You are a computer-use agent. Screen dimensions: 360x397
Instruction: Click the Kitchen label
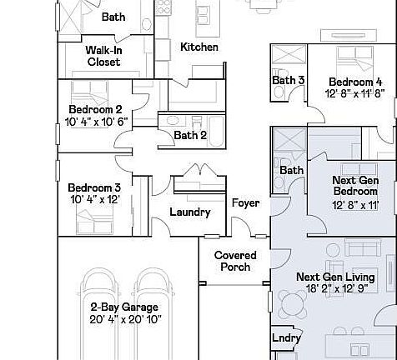click(199, 47)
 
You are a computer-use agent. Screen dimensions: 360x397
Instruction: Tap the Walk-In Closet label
click(103, 56)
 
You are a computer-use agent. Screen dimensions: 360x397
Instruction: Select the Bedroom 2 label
click(95, 109)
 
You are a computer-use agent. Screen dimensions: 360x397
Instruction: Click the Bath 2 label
click(191, 135)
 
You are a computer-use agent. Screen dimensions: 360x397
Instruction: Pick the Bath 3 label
click(289, 81)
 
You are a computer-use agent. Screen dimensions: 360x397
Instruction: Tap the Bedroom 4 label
click(355, 82)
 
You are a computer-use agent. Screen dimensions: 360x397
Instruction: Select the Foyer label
click(245, 202)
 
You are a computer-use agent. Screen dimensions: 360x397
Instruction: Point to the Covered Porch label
click(235, 261)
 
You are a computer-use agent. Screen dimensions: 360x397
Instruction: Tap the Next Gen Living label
click(335, 277)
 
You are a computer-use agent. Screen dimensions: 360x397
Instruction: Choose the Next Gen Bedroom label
click(355, 186)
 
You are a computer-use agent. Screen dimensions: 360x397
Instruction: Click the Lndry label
click(287, 338)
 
